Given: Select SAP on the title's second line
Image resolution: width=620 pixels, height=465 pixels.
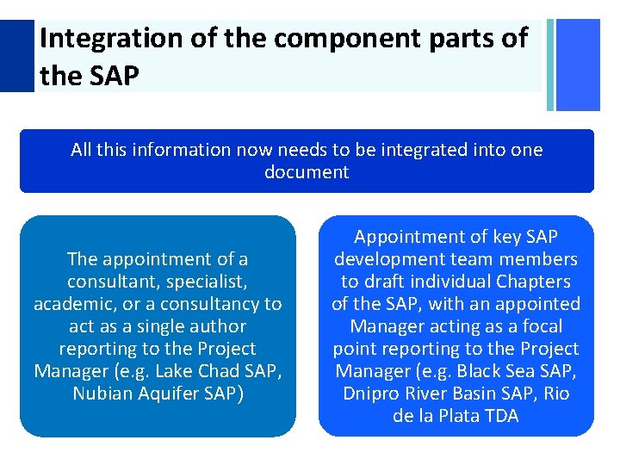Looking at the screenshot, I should [x=112, y=76].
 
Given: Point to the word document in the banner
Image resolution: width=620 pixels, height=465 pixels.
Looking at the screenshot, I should [x=307, y=172].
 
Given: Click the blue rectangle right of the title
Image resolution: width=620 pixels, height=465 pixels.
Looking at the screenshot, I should [x=578, y=65].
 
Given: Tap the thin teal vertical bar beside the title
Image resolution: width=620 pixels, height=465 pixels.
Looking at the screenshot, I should [x=550, y=65].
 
